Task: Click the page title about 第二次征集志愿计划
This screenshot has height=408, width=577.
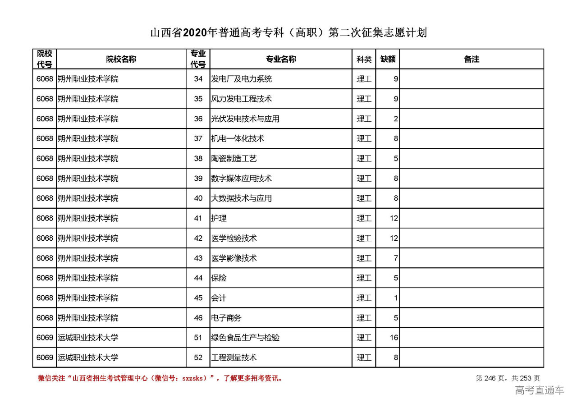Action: click(288, 33)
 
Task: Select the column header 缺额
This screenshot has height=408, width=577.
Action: click(388, 59)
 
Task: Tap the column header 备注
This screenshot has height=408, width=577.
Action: click(472, 59)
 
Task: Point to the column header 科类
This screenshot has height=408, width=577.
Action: click(364, 59)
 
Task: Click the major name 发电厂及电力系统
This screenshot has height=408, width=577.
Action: click(242, 79)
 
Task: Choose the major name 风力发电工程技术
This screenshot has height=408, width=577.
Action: click(242, 99)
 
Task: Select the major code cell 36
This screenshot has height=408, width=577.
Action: click(198, 119)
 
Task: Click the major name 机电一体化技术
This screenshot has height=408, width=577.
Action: click(238, 138)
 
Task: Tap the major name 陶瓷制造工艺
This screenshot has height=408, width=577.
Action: click(234, 159)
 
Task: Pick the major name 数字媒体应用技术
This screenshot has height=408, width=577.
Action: click(242, 179)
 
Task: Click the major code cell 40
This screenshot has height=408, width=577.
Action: click(198, 198)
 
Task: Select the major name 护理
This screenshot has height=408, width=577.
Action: click(219, 218)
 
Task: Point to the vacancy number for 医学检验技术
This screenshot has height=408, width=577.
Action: click(394, 238)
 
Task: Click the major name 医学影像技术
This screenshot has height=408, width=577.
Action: click(234, 258)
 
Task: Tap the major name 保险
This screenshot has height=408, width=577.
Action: click(219, 278)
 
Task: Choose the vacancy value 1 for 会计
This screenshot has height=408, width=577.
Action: click(396, 298)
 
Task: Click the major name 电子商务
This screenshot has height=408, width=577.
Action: click(226, 318)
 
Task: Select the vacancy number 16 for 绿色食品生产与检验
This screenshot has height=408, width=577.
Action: click(394, 338)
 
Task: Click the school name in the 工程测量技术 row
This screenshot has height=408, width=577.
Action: click(88, 358)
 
